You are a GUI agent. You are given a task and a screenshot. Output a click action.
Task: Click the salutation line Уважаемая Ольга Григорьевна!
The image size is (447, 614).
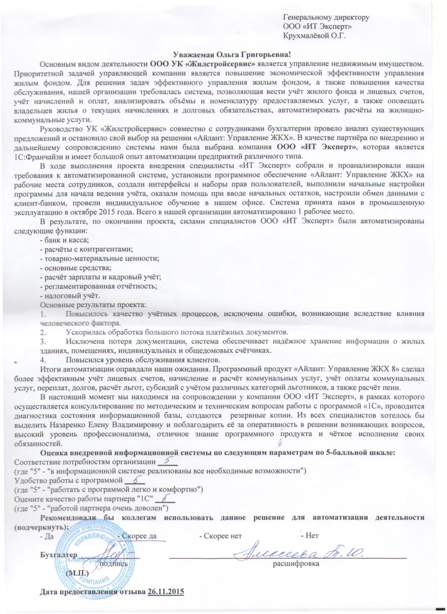point(232,54)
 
